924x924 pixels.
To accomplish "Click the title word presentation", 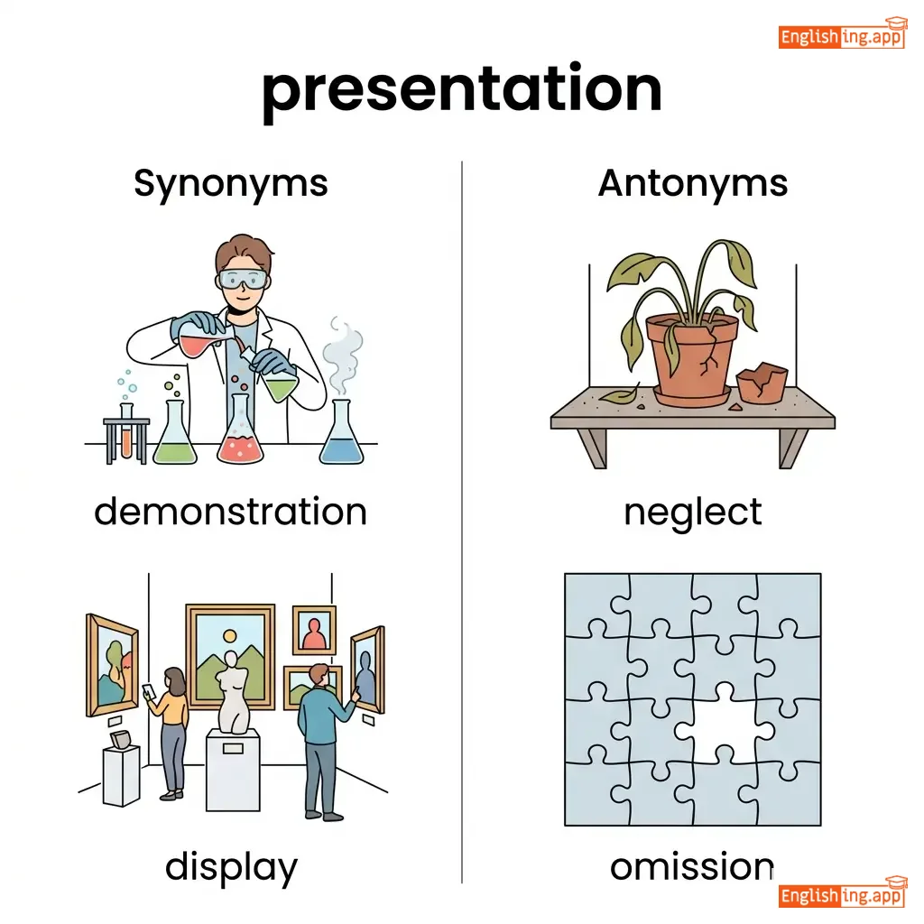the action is click(x=462, y=91).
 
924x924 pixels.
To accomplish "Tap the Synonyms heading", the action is click(x=230, y=184).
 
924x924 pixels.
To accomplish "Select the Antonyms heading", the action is click(x=692, y=183).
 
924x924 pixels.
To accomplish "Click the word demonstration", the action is click(x=230, y=511).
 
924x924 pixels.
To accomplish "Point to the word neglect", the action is click(x=692, y=513).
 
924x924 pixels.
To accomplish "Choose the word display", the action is click(x=231, y=868).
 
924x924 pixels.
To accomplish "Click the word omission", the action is click(x=692, y=867).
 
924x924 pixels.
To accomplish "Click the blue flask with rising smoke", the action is click(x=342, y=432).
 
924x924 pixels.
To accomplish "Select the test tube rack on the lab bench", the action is click(x=126, y=435).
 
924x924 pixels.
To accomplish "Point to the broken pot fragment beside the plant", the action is click(x=762, y=383).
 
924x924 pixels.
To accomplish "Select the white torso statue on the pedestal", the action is click(x=234, y=693).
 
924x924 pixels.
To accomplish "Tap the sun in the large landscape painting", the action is click(x=230, y=636).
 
